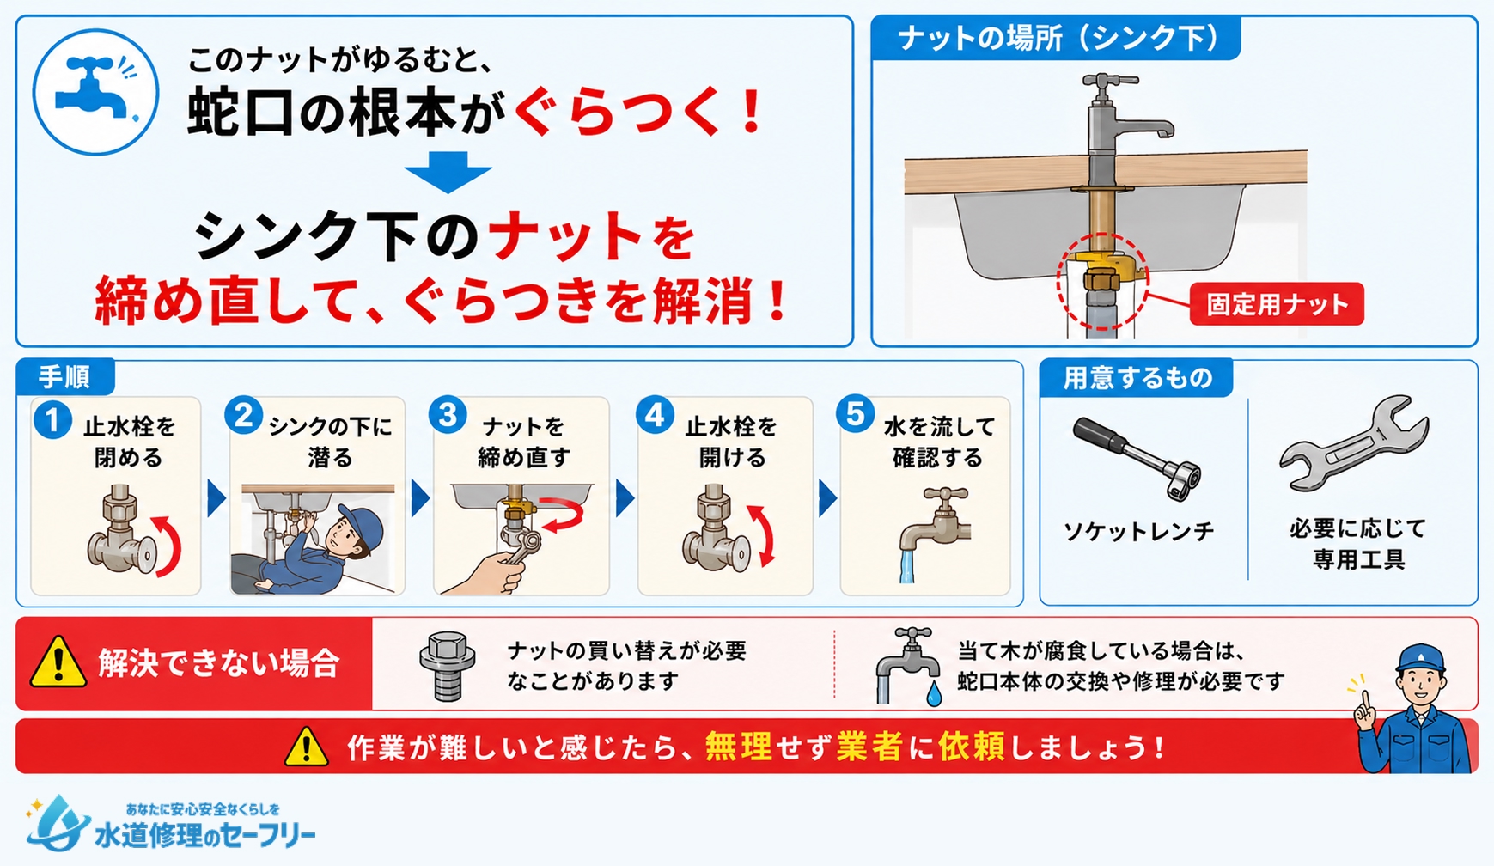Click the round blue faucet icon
95,93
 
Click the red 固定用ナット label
1277,304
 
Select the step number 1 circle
52,420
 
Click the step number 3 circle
448,416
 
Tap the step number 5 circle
856,415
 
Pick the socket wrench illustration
1137,456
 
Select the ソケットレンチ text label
1138,532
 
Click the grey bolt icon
447,666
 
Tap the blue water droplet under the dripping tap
934,693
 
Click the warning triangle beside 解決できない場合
58,663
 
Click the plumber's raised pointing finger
1362,700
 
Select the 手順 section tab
64,377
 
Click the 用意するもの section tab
1137,378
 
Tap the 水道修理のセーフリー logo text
204,835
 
